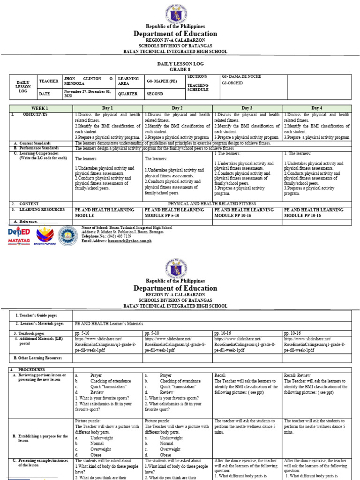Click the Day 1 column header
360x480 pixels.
(x=108, y=108)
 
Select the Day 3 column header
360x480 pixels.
(x=247, y=108)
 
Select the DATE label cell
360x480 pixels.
(x=45, y=94)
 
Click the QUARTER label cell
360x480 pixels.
(x=128, y=94)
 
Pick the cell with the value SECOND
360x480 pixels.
(x=155, y=94)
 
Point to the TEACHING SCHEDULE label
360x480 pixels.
(x=198, y=87)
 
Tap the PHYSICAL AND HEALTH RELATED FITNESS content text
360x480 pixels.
(x=211, y=203)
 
